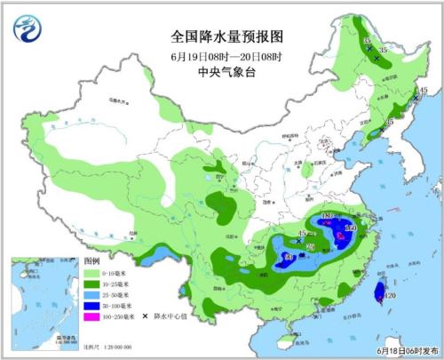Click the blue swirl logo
point(28,30)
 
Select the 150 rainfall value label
point(349,229)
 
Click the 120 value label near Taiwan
point(389,296)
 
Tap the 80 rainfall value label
point(287,259)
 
